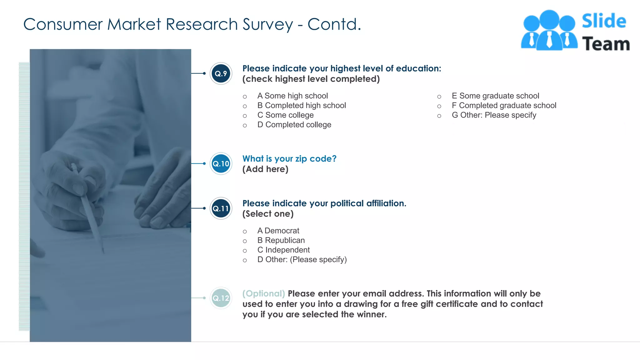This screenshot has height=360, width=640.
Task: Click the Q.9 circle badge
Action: [221, 74]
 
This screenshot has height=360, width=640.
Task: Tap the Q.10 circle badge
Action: [221, 164]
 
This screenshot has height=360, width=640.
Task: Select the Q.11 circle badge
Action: [221, 208]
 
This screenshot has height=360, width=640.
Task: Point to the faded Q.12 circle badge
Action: [221, 298]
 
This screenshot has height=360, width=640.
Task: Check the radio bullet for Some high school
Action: [245, 97]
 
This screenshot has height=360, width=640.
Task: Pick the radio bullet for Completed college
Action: [245, 125]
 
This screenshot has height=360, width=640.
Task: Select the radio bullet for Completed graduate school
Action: [439, 106]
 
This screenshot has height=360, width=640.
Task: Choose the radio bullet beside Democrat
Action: [245, 232]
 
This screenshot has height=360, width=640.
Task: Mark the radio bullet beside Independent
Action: [245, 251]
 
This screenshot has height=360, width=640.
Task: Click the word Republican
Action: [285, 240]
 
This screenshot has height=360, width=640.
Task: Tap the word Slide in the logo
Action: [604, 21]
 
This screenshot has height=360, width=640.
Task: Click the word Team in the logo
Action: [606, 44]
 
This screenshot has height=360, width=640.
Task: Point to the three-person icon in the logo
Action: [549, 31]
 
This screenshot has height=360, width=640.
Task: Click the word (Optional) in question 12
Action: [263, 294]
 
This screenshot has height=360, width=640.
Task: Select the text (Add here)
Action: [265, 169]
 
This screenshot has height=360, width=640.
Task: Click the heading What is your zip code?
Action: [289, 159]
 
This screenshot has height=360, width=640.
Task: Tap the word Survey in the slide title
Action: [268, 24]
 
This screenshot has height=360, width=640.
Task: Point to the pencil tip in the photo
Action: [103, 251]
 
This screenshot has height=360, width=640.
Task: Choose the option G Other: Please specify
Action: [494, 115]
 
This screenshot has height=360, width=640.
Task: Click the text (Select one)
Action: [268, 214]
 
